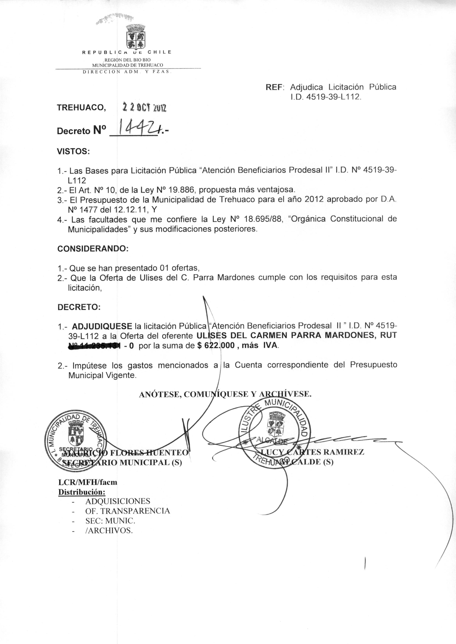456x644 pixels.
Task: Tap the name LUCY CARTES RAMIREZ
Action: click(x=312, y=452)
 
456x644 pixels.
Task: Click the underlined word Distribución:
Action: click(x=82, y=492)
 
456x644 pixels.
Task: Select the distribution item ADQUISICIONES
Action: click(x=118, y=501)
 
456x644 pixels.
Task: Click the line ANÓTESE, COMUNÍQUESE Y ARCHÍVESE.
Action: click(x=225, y=394)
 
